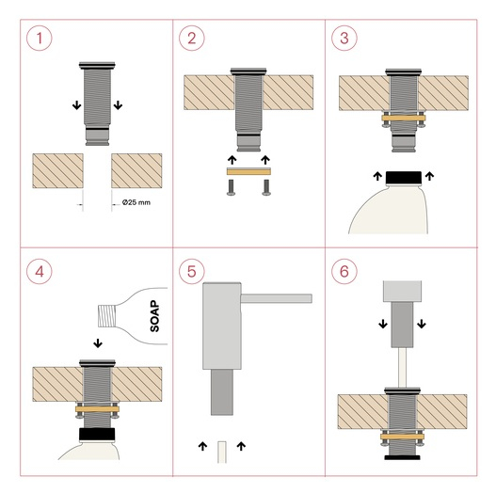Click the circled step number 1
(40, 39)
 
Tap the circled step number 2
(192, 39)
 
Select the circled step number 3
(344, 39)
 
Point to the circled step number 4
(40, 271)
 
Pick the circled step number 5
(192, 271)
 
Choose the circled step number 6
(344, 271)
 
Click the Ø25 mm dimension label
(136, 202)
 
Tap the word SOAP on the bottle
(154, 316)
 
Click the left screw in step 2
(231, 187)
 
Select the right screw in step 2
(266, 187)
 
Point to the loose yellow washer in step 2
(248, 172)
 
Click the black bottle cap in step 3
(404, 178)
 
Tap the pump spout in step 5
(277, 298)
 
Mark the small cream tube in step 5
(222, 453)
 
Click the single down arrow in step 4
(98, 343)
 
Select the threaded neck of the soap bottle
(107, 315)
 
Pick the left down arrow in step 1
(76, 105)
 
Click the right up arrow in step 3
(429, 176)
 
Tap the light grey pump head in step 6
(402, 291)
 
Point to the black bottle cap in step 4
(97, 434)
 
